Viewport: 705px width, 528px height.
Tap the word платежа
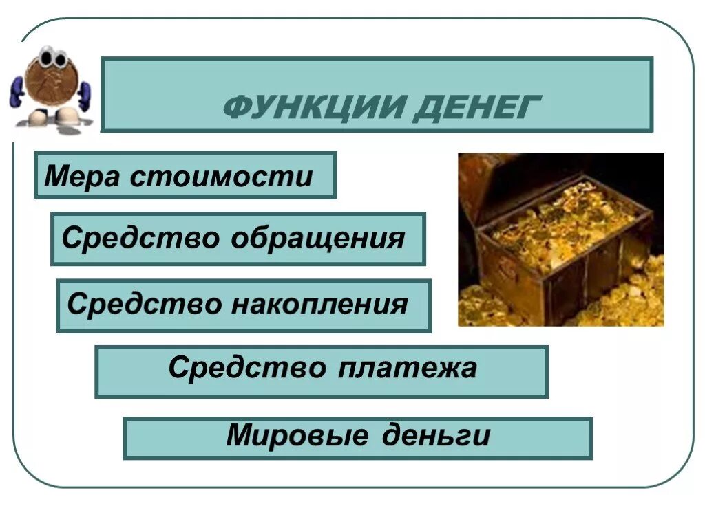408,368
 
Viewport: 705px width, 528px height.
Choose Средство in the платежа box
248,368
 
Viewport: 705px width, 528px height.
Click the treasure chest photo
560,239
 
